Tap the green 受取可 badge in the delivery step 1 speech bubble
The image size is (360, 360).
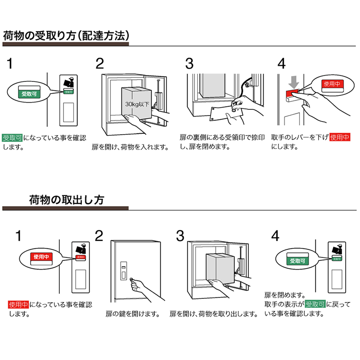[x=30, y=94]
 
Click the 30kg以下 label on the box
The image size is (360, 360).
[x=138, y=104]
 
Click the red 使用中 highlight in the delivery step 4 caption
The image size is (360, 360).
[x=340, y=137]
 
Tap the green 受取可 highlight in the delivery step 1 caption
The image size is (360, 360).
[x=13, y=137]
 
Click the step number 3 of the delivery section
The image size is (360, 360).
[x=190, y=63]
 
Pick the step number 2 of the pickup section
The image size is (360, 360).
[x=99, y=235]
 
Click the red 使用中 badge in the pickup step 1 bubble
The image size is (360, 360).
[x=40, y=257]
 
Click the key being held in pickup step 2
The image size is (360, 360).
[x=132, y=280]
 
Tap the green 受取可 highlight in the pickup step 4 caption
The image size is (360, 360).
[x=315, y=304]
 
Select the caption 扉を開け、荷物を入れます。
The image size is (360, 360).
[x=130, y=147]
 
